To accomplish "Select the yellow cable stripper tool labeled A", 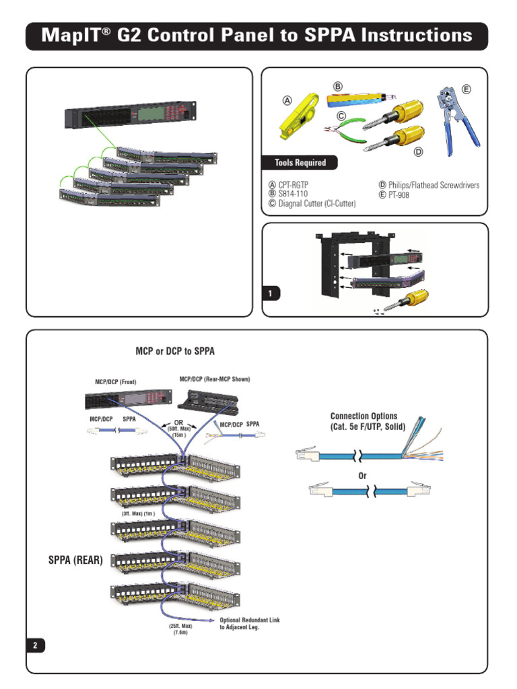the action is [299, 116].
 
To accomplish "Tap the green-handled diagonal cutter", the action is [345, 131].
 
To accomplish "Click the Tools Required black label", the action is [300, 163].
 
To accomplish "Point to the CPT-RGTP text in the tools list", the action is [294, 185].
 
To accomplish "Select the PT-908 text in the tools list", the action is [399, 194].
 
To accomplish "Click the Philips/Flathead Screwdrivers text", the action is [434, 185].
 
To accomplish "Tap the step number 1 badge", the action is [271, 293].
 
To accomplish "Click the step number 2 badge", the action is [36, 645].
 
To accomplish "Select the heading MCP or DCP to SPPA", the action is [175, 351].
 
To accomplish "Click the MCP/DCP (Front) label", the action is [116, 382].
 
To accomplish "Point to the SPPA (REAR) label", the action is [75, 560].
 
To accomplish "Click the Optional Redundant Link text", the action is [250, 620].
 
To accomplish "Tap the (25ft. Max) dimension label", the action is [180, 626].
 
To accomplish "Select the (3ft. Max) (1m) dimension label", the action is [139, 513].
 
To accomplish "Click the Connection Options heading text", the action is [364, 416].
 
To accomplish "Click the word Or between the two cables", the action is [362, 476].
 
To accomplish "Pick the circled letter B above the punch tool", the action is [338, 87].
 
